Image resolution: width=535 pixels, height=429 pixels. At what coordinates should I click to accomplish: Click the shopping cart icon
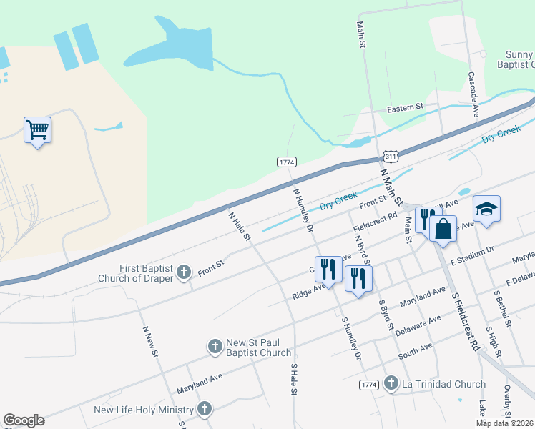tap(37, 131)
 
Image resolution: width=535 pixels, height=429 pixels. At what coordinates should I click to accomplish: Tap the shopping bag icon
tap(443, 229)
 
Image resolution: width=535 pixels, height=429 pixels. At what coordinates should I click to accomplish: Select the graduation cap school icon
tap(487, 209)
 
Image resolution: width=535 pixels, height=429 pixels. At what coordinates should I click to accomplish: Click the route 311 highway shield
tap(390, 156)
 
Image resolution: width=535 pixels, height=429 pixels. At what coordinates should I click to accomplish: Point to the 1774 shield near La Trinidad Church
tap(368, 385)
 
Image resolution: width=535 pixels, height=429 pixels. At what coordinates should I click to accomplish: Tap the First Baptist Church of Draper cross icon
tap(184, 272)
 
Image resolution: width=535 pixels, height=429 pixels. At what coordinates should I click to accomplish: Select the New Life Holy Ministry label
tap(144, 410)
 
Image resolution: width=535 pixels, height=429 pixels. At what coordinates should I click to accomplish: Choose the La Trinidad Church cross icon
tap(391, 384)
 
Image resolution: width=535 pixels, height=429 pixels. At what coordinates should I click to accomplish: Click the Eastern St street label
tap(406, 108)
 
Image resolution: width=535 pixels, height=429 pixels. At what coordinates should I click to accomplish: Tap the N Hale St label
tap(238, 226)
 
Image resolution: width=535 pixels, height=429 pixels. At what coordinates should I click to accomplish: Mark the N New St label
tap(149, 344)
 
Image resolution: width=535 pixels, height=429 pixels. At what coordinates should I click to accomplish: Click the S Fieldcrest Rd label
tap(465, 320)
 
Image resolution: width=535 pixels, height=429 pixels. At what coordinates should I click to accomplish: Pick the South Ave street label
tap(416, 351)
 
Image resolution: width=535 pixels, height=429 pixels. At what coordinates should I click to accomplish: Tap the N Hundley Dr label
tap(303, 209)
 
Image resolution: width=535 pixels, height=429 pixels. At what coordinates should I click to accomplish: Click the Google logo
tap(24, 420)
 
